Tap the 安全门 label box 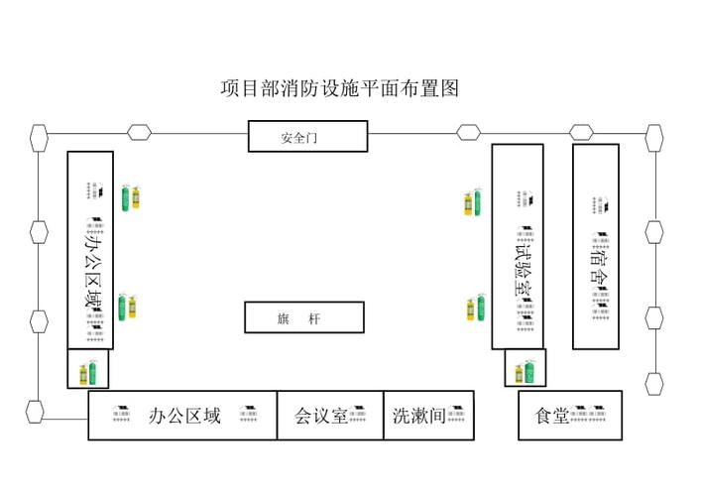pyautogui.click(x=307, y=137)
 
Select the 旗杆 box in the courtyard pyautogui.click(x=304, y=317)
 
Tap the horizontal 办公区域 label pyautogui.click(x=184, y=415)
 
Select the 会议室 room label pyautogui.click(x=320, y=416)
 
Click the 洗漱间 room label pyautogui.click(x=418, y=415)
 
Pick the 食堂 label pyautogui.click(x=551, y=416)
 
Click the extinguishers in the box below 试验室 pyautogui.click(x=526, y=373)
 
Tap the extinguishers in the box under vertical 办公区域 pyautogui.click(x=88, y=373)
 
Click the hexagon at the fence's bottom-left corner pyautogui.click(x=36, y=409)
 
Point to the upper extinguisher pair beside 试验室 pyautogui.click(x=474, y=203)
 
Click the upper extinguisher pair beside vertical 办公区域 pyautogui.click(x=129, y=197)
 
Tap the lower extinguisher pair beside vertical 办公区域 pyautogui.click(x=127, y=307)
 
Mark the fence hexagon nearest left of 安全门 pyautogui.click(x=139, y=131)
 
